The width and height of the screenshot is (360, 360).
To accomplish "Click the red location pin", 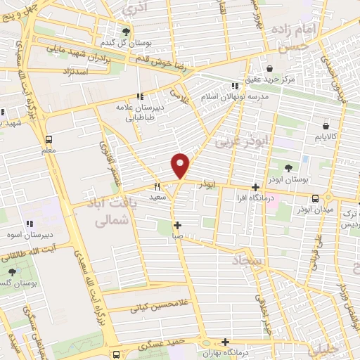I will coord(181,166).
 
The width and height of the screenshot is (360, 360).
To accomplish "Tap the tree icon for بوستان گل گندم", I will coord(127,32).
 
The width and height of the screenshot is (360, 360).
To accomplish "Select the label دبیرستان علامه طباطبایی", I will coord(140,113).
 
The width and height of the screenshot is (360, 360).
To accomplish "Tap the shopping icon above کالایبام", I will coord(325,124).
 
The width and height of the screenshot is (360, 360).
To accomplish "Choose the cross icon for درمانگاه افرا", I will coord(255,187).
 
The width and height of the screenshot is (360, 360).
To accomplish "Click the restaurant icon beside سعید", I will coord(157,187).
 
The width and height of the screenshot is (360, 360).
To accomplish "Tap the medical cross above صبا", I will coord(177,226).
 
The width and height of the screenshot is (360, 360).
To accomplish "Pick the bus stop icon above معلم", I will coord(49,139).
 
